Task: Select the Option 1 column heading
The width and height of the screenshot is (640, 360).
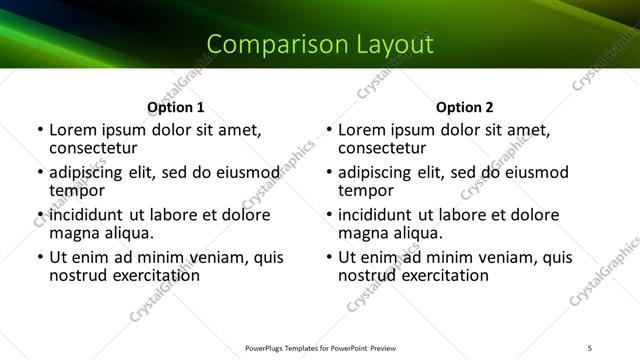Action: click(176, 108)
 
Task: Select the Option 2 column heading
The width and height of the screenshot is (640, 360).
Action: click(465, 108)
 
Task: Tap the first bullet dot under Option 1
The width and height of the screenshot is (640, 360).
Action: click(40, 130)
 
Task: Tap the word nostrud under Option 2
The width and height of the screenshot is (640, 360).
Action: click(366, 276)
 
